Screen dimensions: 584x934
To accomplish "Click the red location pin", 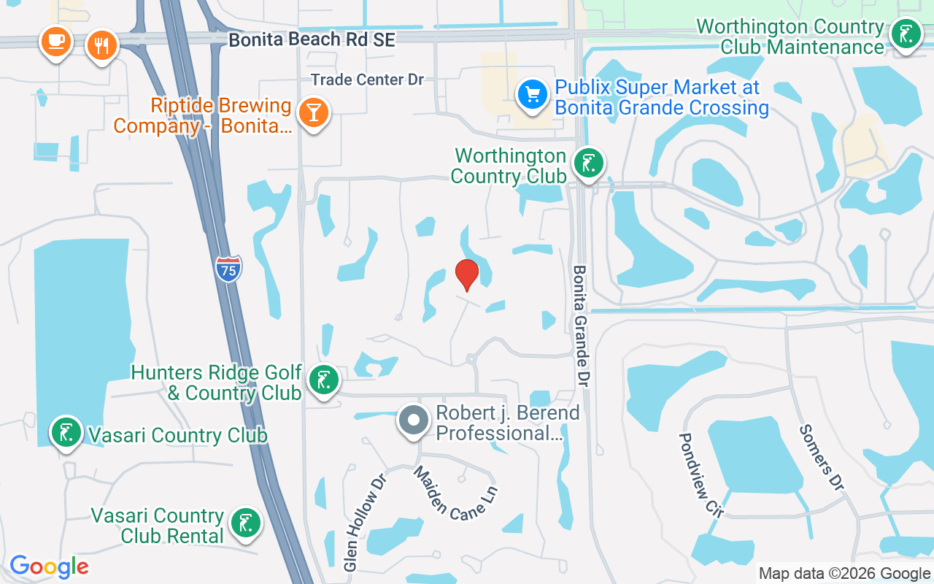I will (467, 275).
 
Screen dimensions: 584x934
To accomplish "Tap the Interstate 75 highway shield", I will (229, 269).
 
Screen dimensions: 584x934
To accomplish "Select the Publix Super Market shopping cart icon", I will (533, 95).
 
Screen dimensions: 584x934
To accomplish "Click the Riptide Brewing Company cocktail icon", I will (314, 112).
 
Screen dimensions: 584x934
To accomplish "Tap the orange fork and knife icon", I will (101, 45).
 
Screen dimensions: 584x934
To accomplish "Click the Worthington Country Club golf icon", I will (587, 163).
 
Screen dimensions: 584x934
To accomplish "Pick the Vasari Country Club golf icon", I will (66, 432).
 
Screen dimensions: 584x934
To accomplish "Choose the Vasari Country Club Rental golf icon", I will (246, 523).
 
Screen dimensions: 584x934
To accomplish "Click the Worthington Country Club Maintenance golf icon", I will (906, 34).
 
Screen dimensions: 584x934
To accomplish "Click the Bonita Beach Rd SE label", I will (312, 39).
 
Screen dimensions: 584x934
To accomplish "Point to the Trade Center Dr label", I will (367, 80).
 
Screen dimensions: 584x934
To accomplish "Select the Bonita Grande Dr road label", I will (581, 326).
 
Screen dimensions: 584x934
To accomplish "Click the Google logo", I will (49, 566).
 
